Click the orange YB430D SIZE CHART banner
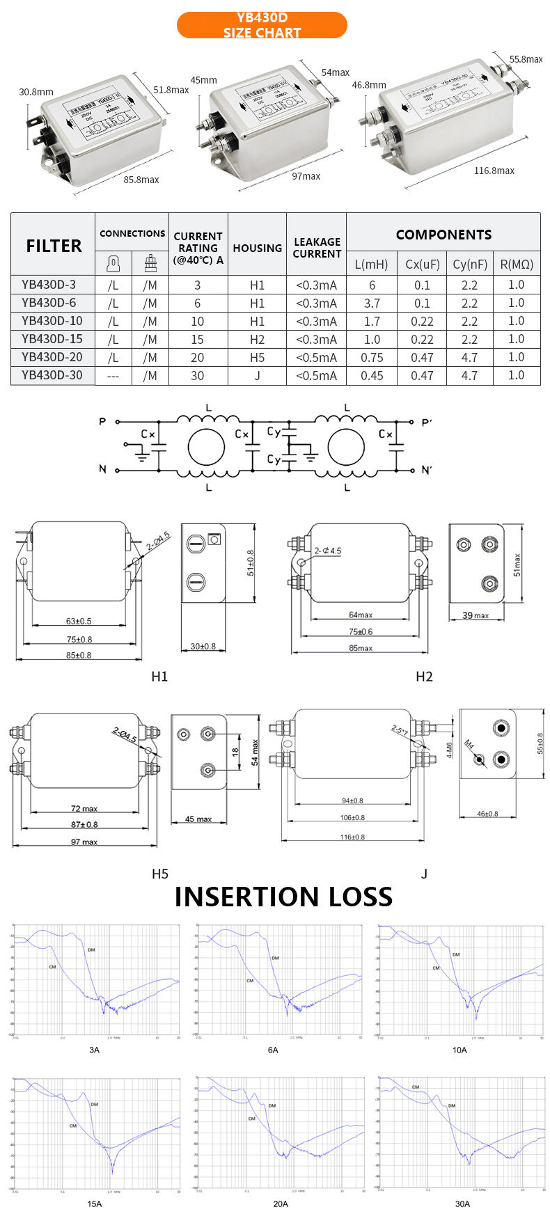click(262, 25)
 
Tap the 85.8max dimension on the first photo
click(141, 180)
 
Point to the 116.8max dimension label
click(494, 171)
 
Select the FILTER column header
click(54, 246)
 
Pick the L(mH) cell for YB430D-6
click(372, 303)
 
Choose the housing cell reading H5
click(257, 357)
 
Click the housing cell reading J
click(257, 375)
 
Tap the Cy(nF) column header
click(469, 264)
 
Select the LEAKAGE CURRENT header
click(317, 248)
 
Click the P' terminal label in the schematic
click(427, 423)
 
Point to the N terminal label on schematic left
click(102, 469)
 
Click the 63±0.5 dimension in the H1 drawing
click(79, 621)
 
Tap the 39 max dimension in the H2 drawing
click(476, 615)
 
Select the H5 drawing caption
click(160, 874)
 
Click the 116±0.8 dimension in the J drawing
click(352, 837)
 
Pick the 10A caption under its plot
click(459, 1050)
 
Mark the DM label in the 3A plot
click(91, 949)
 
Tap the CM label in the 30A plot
click(416, 1087)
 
